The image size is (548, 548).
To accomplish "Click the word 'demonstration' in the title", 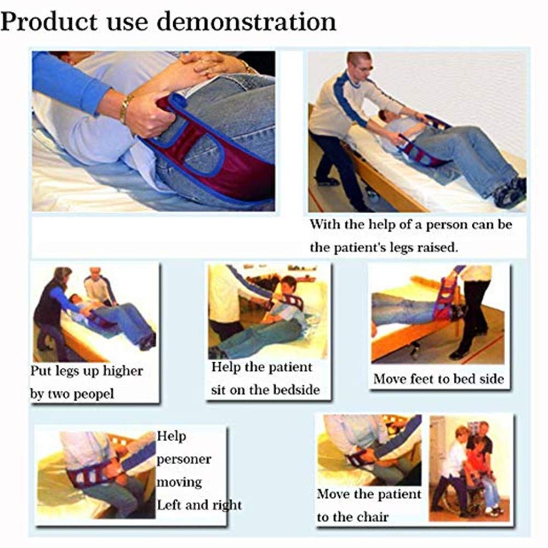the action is (x=247, y=22).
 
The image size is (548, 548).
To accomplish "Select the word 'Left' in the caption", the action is (x=169, y=505).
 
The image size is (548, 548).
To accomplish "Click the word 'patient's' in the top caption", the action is (x=357, y=248).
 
